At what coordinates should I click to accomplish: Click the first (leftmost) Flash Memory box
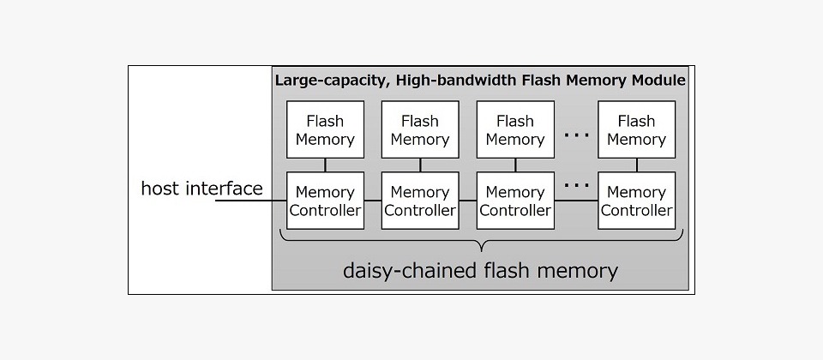(x=325, y=129)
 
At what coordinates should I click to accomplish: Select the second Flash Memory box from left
(x=420, y=129)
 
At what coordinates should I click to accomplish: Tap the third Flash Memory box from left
(x=515, y=129)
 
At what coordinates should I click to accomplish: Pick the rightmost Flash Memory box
(x=636, y=129)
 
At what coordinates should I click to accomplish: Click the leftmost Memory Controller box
(x=325, y=201)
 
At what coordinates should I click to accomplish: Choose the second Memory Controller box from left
(x=420, y=201)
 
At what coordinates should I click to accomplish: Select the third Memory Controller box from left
(x=515, y=201)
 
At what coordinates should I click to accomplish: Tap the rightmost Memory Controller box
(x=636, y=201)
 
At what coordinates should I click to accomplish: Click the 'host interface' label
(x=202, y=188)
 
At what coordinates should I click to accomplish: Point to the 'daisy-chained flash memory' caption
(x=480, y=271)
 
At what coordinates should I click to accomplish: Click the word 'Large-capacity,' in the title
(x=333, y=81)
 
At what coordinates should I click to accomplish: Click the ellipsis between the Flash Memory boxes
(x=576, y=135)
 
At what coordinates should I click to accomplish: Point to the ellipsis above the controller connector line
(x=576, y=185)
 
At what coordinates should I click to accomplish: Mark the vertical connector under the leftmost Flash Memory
(x=325, y=165)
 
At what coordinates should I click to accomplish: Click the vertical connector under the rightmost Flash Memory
(x=636, y=165)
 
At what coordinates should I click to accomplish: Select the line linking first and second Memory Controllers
(x=373, y=201)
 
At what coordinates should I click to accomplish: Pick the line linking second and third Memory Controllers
(x=468, y=201)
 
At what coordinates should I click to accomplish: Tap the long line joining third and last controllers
(x=576, y=201)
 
